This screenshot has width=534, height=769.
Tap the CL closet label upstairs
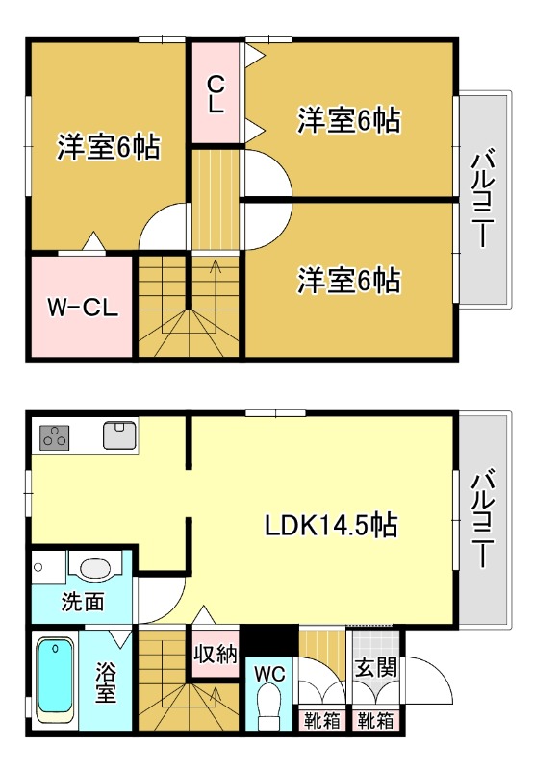point(216,93)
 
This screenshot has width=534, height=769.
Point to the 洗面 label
point(83,604)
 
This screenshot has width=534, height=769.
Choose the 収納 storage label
point(216,656)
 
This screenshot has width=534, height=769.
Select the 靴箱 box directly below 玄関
point(375,720)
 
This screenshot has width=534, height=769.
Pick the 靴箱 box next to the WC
point(321,720)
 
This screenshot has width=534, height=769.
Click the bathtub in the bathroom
point(56,680)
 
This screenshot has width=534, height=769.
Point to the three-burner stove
point(55,436)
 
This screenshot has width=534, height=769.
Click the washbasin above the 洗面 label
point(93,569)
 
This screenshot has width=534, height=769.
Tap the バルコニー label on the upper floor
point(484,201)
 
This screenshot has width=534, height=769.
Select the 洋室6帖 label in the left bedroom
point(108,149)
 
